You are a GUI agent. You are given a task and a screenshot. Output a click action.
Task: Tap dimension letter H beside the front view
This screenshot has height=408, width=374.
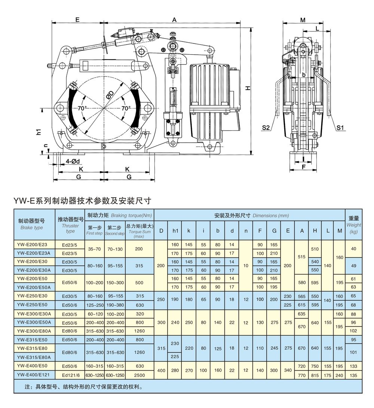pyautogui.click(x=248, y=87)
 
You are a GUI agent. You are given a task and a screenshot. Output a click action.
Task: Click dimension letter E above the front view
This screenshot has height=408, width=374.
pyautogui.click(x=77, y=20)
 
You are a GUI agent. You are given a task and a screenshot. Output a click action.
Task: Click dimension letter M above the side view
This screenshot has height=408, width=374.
pyautogui.click(x=303, y=20)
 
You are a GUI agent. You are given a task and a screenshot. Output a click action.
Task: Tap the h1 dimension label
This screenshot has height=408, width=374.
pyautogui.click(x=39, y=132)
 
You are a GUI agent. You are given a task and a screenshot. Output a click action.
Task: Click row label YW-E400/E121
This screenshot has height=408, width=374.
pyautogui.click(x=34, y=374)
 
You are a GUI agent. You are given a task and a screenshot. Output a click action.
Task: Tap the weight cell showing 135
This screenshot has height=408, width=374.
pyautogui.click(x=353, y=374)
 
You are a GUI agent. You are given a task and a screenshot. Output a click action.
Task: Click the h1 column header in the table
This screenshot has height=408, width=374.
pyautogui.click(x=175, y=231)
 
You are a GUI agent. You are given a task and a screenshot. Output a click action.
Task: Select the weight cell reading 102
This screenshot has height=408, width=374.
pyautogui.click(x=353, y=331)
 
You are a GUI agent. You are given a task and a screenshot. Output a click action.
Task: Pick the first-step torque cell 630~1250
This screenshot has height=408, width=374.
pyautogui.click(x=95, y=374)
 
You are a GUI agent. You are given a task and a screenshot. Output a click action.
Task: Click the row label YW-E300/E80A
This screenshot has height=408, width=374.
pyautogui.click(x=34, y=331)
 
